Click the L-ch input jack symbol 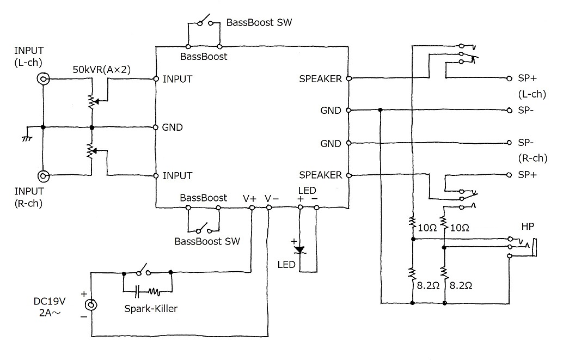(44, 78)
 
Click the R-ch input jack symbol (44, 176)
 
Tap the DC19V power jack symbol (91, 305)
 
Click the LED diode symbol (299, 249)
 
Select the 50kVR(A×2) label (102, 69)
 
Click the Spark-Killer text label (151, 309)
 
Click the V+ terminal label (249, 199)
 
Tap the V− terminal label (272, 199)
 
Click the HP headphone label (528, 227)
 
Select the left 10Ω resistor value (427, 228)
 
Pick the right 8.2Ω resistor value (461, 285)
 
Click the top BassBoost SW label (259, 22)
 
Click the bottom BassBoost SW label (207, 241)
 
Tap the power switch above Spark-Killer (143, 271)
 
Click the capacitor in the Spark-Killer (137, 292)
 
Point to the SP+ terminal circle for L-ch (509, 78)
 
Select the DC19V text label (50, 301)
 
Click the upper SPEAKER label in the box (320, 78)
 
